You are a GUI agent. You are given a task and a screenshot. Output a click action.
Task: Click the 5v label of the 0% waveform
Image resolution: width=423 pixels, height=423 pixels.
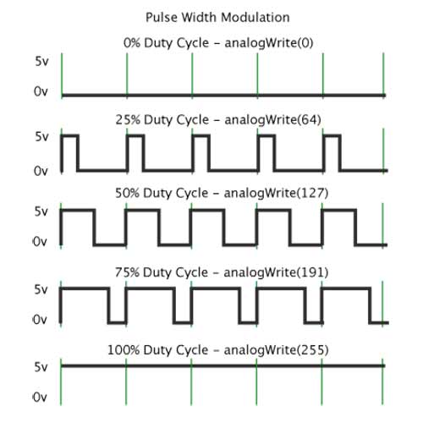pos(41,61)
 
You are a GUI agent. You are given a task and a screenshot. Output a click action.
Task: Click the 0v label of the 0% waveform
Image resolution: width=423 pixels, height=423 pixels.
pos(41,93)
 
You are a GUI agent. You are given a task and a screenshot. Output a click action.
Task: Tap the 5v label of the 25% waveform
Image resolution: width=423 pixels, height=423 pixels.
pos(41,136)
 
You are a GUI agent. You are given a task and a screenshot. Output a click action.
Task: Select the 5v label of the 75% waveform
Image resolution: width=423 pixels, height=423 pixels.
pos(41,288)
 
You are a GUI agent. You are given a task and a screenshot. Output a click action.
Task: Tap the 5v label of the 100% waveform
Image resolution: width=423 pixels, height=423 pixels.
pos(41,366)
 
